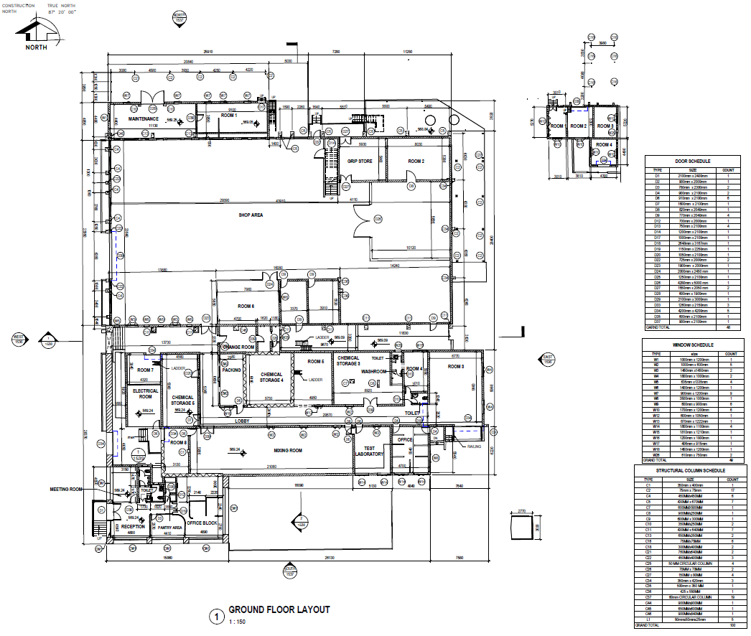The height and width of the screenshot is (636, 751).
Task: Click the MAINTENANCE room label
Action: coord(143,118)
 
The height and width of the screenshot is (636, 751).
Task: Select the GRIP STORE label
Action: coord(360,162)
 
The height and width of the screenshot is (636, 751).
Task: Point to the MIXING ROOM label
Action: coord(288,450)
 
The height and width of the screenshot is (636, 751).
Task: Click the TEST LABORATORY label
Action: coord(370,451)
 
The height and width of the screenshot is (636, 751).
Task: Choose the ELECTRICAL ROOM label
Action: coord(146,393)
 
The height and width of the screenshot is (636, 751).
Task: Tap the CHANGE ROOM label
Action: coord(239,347)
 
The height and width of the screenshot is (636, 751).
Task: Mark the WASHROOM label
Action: coord(374,371)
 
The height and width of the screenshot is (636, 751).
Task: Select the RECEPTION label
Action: coord(132,526)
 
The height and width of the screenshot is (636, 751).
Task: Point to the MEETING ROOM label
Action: coord(67,490)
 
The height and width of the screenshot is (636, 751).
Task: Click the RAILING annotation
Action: coord(475,446)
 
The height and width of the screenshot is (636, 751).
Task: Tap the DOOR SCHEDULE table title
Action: coord(693,162)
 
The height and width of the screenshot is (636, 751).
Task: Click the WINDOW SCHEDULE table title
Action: coord(693,345)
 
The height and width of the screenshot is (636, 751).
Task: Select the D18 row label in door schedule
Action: coord(656,243)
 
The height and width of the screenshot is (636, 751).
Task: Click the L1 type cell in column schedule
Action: coord(648,619)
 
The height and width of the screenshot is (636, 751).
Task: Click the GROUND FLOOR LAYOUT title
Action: coord(279,609)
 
